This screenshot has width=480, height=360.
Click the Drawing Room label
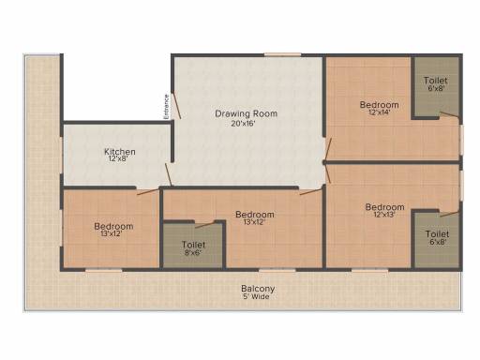(247, 113)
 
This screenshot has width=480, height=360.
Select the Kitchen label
(120, 151)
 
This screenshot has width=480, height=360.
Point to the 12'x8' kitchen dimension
(120, 159)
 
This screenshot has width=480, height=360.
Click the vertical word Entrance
(167, 105)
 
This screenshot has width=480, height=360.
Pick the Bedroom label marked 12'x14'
(380, 104)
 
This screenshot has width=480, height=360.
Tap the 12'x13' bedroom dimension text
(384, 215)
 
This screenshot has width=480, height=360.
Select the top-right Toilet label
(436, 81)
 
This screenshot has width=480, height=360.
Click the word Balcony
(257, 288)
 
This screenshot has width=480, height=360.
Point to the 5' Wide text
(257, 297)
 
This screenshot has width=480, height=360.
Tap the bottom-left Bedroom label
(113, 226)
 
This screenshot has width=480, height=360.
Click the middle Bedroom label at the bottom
(255, 214)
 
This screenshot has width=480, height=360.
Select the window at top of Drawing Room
(281, 53)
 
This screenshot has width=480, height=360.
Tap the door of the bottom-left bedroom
(146, 191)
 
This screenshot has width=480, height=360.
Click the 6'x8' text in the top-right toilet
(436, 89)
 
